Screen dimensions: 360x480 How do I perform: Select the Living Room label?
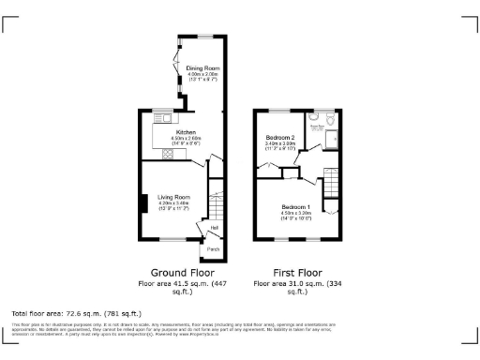(x=173, y=197)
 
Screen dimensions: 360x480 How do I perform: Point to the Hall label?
(x=215, y=228)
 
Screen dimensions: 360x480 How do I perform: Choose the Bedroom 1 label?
(x=295, y=206)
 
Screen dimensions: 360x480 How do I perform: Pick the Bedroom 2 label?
(x=280, y=137)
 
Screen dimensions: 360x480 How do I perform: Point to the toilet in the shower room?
(x=333, y=120)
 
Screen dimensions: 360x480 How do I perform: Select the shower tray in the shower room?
(x=332, y=140)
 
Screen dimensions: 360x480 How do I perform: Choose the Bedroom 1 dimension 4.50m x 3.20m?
(x=295, y=213)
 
